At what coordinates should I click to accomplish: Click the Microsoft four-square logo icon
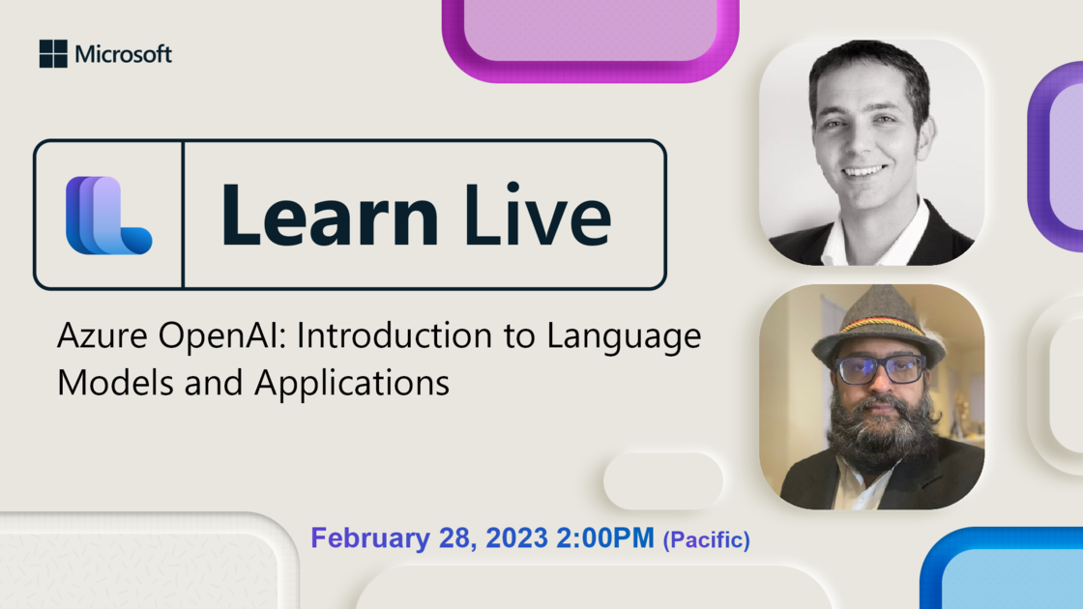[53, 54]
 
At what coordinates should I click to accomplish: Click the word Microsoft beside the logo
[123, 54]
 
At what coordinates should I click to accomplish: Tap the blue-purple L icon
[108, 216]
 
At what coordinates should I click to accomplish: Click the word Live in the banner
[538, 214]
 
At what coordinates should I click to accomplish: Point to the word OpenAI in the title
[221, 335]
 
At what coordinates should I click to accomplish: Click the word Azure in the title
[102, 335]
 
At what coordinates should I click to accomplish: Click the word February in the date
[370, 537]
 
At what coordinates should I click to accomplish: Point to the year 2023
[516, 537]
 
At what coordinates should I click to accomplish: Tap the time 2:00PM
[605, 537]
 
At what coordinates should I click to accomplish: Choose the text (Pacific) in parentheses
[707, 540]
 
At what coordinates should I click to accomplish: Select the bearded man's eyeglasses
[880, 368]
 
